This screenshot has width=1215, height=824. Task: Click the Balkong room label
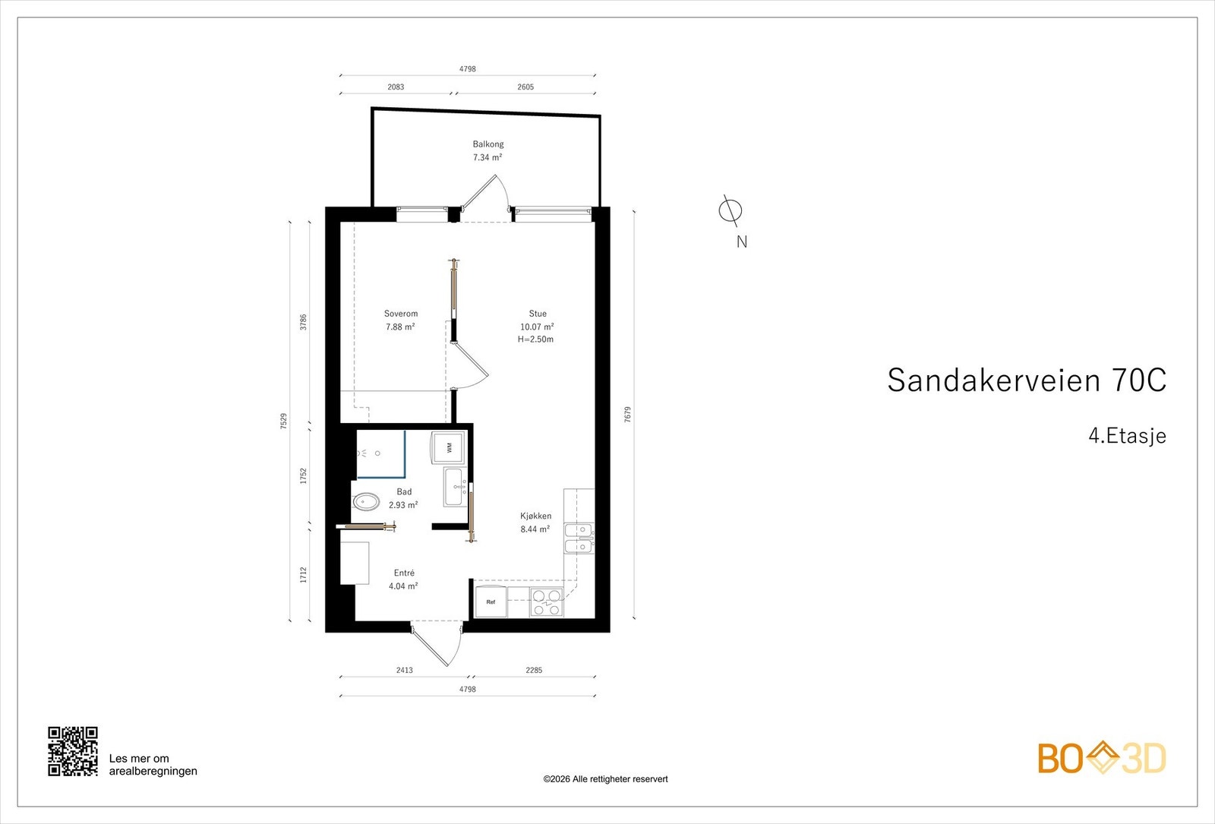coord(488,144)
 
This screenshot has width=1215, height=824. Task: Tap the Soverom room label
coord(401,314)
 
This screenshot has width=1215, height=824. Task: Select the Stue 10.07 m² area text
coord(537,327)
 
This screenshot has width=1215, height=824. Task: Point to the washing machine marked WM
coord(449,447)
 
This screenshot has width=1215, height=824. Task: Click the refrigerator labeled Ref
coord(491,602)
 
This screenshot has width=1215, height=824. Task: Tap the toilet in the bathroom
coord(367,502)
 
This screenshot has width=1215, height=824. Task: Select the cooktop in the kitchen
coord(547,602)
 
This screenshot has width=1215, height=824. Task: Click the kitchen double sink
coord(579,538)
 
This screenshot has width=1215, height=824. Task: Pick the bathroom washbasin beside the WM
coord(454,488)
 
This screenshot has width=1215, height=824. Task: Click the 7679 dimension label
coord(628,415)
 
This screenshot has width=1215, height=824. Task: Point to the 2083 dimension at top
coord(396,87)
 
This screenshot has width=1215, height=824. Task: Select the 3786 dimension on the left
coord(304,322)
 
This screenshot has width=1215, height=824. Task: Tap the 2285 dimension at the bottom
coord(534,671)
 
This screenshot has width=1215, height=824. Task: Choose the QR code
coord(73,751)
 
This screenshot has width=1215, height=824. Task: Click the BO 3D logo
coord(1102,758)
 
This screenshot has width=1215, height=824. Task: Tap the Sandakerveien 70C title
coord(1026,380)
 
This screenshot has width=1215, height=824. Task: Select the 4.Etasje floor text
coord(1127,436)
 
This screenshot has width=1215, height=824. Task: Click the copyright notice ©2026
coord(605,779)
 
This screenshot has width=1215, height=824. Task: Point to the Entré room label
coord(404,573)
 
